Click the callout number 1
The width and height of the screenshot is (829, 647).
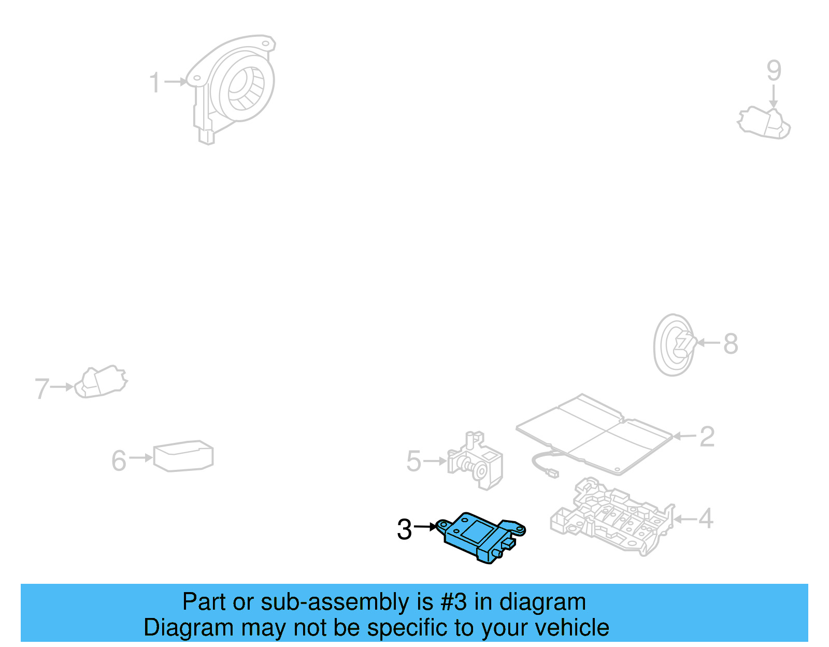[154, 83]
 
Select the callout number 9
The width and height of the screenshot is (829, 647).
[774, 71]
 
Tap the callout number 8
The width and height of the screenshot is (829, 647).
[731, 343]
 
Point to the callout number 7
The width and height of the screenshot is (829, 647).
[42, 389]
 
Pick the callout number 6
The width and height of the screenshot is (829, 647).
[119, 461]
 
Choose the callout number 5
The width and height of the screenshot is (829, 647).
[413, 461]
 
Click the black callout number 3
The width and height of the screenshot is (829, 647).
[404, 529]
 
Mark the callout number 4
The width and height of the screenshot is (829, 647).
[706, 519]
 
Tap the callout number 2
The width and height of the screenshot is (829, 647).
[707, 437]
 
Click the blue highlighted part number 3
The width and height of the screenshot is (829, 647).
[479, 536]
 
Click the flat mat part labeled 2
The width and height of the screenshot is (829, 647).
[596, 433]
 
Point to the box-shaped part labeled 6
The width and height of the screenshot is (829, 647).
[183, 456]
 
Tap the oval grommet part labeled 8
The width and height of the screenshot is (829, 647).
[674, 344]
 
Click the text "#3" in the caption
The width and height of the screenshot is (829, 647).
[453, 602]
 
